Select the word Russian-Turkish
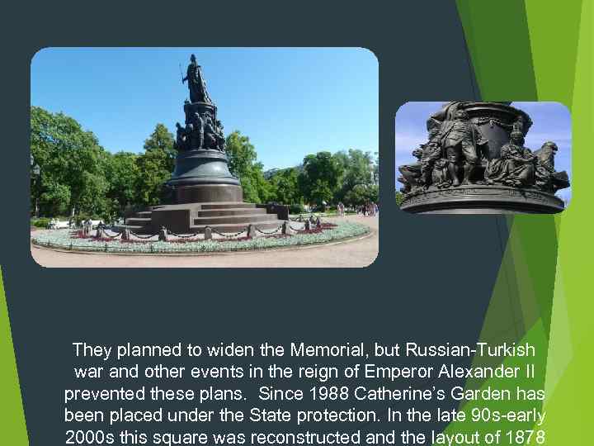click(474, 349)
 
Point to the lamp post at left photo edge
click(35, 190)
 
